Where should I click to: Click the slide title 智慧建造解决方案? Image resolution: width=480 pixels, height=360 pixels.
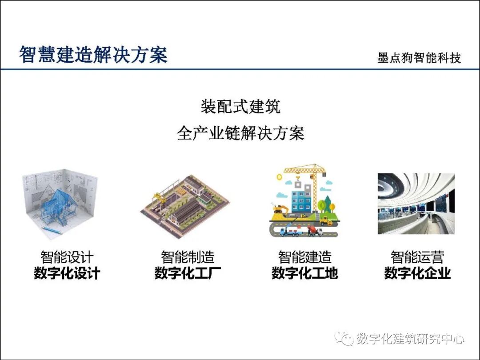pos(93,56)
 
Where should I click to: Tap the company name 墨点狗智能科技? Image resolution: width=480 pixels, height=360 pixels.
pos(419,58)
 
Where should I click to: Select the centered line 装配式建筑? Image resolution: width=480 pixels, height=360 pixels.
pos(240,108)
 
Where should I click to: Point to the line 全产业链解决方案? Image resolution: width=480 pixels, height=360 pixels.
pos(240,133)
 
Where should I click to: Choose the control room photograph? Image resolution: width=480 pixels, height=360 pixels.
pos(416,204)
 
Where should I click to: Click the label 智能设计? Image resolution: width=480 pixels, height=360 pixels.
pos(67,257)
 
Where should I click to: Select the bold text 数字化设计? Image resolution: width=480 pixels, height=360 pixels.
pos(67,273)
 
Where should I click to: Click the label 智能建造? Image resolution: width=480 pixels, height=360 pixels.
pos(305,257)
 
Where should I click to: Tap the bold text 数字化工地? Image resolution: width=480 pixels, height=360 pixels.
pos(305,273)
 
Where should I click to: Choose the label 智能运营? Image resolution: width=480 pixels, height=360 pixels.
pos(417,257)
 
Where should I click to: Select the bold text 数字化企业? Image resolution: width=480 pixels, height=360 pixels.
pos(417,273)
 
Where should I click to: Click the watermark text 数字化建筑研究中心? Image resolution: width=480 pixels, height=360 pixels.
pos(410,339)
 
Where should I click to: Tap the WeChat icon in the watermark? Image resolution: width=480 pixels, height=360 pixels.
pos(345,339)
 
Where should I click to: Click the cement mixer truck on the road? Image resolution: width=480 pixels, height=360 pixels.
pos(314,230)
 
